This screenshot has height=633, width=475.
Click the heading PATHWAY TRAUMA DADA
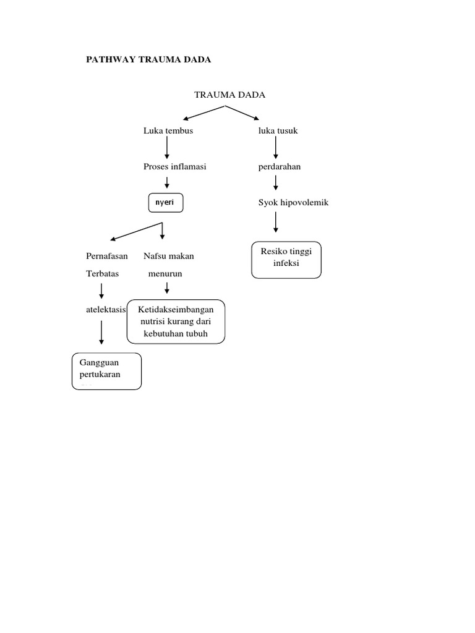148,59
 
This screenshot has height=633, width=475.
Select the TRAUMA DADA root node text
229,95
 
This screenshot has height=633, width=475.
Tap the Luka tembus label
168,130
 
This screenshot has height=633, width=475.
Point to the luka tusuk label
278,130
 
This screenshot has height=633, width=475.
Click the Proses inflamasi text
175,166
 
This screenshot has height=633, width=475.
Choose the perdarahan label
280,166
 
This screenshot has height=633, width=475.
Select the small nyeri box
165,203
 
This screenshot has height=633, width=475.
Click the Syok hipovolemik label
294,202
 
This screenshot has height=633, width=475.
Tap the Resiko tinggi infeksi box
286,259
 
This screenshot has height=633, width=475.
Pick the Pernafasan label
107,255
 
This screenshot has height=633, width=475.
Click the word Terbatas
103,273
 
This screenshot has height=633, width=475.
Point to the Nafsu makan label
169,255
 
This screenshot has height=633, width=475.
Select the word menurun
165,273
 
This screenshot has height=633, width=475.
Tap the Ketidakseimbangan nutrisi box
176,321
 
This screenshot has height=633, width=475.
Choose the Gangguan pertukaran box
106,370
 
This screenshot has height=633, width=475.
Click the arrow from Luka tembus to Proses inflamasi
167,148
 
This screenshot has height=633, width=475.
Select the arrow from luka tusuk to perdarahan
276,148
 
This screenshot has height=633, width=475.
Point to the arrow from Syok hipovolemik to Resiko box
276,222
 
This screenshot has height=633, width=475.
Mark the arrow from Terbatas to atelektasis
101,291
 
